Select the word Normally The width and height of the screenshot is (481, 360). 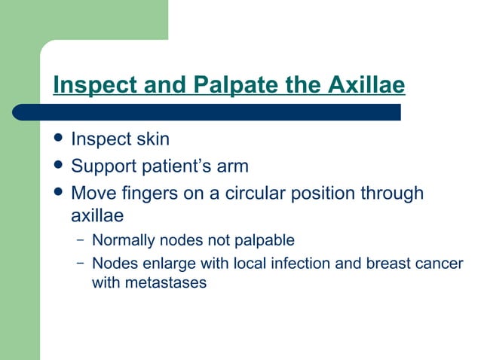pos(124,241)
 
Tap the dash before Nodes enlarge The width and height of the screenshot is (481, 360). pos(80,264)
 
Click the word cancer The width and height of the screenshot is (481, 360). pos(439,264)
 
